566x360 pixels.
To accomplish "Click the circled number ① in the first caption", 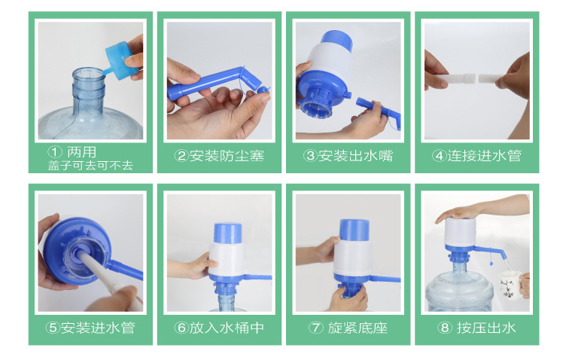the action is click(x=54, y=152).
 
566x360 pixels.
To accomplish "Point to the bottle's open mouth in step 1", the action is click(x=89, y=73).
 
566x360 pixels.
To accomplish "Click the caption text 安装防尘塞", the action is click(x=227, y=156).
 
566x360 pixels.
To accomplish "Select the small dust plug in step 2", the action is click(x=263, y=90).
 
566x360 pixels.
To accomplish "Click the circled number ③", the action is click(x=310, y=156).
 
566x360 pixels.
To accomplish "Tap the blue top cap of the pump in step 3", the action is click(x=336, y=39).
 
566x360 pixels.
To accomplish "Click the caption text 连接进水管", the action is click(x=485, y=156).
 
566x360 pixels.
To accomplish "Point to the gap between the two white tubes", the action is click(x=477, y=78).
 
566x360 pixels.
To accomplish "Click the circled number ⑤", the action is click(x=53, y=328).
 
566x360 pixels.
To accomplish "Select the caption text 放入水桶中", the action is click(x=227, y=328).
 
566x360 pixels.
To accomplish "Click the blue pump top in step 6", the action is click(x=228, y=233).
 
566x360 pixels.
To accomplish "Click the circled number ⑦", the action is click(x=315, y=328).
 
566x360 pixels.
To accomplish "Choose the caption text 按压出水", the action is click(x=486, y=328).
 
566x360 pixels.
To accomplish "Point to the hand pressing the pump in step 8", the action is click(x=455, y=213).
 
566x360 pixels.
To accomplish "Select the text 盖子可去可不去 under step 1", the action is click(x=90, y=166).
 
